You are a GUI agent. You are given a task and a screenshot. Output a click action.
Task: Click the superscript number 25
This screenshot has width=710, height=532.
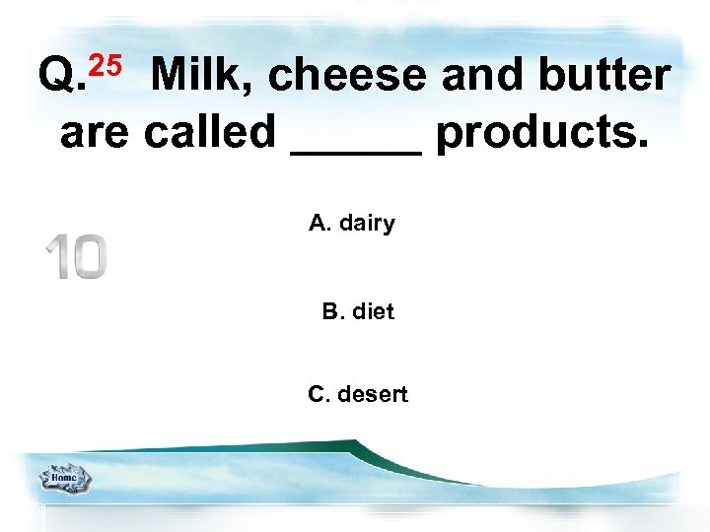[106, 65]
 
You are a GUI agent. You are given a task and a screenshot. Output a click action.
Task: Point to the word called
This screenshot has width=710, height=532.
[210, 131]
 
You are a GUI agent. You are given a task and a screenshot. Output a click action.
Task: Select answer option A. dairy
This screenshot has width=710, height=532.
[351, 224]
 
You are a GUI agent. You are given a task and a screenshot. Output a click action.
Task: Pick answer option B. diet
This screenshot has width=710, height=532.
[357, 312]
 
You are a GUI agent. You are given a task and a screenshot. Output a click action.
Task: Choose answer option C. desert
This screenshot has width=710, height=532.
[357, 395]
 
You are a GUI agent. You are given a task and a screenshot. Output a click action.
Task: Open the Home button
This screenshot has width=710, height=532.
[64, 479]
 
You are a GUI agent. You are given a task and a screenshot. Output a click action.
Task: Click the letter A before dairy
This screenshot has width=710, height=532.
[318, 224]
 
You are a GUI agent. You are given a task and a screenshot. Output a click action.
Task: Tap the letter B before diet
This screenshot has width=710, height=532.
[329, 312]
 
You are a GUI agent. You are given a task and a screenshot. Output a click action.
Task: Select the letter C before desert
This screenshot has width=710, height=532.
[317, 395]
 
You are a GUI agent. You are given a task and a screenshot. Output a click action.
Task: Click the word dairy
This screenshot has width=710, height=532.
[367, 224]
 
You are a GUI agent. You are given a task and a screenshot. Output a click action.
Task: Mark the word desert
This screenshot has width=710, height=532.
[372, 395]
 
